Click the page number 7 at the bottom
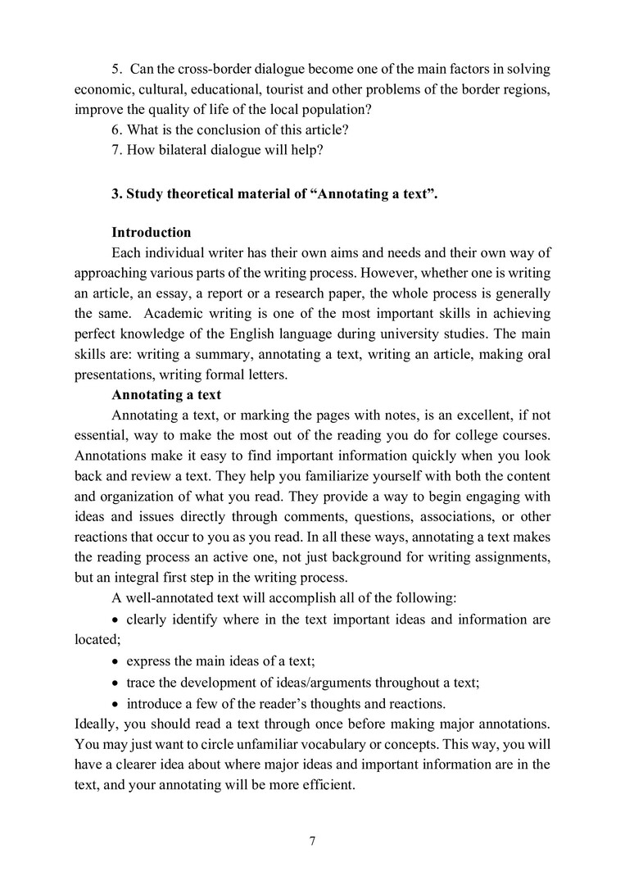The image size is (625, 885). (312, 841)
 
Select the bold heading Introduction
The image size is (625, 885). (152, 232)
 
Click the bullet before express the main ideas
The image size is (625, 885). (115, 660)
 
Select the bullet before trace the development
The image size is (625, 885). (115, 682)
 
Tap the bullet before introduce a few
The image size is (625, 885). (115, 703)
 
